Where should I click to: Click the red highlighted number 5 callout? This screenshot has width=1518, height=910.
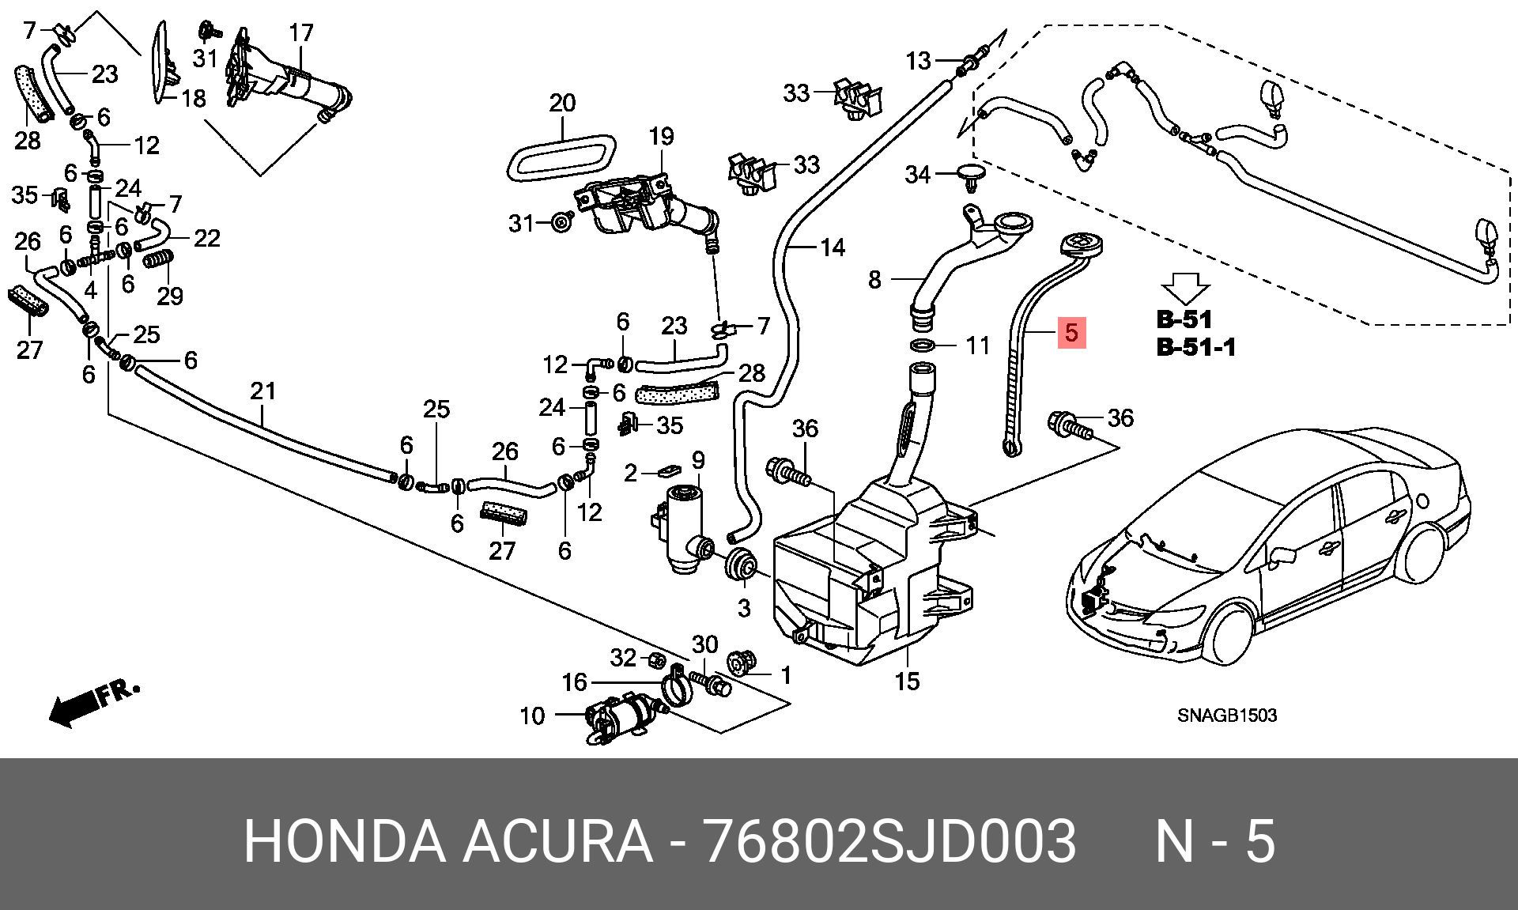[1071, 332]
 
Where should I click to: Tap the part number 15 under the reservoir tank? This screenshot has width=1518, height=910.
[907, 681]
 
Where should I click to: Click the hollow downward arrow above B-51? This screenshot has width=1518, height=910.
[1184, 289]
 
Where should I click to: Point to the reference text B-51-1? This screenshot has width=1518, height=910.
[1195, 347]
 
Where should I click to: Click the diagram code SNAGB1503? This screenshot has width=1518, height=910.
[1226, 716]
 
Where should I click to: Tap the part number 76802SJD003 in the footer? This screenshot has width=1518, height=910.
[889, 840]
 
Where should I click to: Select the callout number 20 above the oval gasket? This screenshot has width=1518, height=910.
[562, 103]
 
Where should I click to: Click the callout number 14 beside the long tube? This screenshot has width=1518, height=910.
[832, 248]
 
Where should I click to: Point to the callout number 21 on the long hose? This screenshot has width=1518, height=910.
[263, 391]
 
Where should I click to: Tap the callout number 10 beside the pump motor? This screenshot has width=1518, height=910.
[532, 716]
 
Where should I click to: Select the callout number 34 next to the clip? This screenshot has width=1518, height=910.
[917, 174]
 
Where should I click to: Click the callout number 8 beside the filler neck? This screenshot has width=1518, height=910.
[874, 279]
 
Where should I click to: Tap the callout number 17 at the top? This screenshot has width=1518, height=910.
[301, 33]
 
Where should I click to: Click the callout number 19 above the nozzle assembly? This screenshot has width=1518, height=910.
[662, 137]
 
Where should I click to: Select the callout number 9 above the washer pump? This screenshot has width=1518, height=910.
[697, 459]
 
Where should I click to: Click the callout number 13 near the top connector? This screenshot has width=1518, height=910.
[918, 61]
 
